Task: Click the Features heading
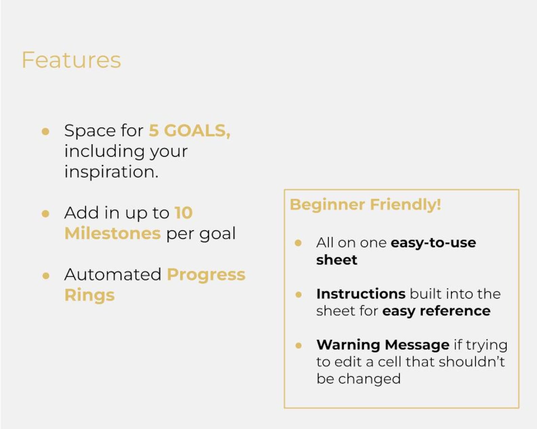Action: point(71,60)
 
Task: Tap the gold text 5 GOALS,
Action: point(189,130)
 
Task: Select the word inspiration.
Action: point(111,172)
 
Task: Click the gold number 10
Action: point(184,213)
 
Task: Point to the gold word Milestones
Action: point(112,233)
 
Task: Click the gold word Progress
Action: point(206,274)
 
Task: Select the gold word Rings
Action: point(90,295)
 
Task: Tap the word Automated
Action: point(113,274)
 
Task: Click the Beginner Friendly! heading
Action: point(365,204)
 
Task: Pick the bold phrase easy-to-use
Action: point(433,243)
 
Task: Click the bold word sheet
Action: point(336,260)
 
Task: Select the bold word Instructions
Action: point(361,294)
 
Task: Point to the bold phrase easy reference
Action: point(436,311)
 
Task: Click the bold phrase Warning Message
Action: point(383,345)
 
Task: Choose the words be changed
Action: point(358,379)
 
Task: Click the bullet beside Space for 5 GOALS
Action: point(45,131)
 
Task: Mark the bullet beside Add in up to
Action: point(45,213)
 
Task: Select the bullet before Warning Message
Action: point(298,345)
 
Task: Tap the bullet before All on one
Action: point(298,243)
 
